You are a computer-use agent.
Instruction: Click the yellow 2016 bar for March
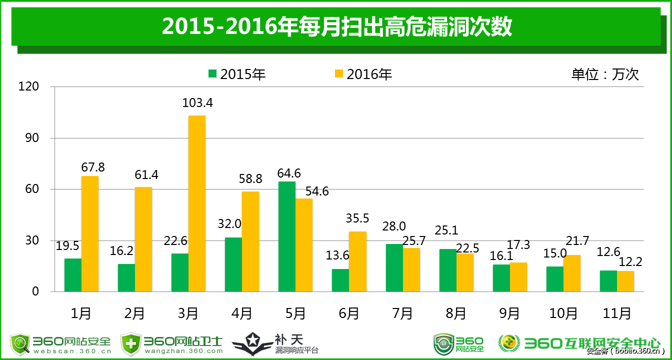[197, 203]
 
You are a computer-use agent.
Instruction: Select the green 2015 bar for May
[287, 236]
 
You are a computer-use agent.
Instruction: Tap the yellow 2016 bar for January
[90, 233]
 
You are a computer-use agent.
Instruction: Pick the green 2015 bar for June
[340, 280]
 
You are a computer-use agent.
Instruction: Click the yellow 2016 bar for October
[572, 273]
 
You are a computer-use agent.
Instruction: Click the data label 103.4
[198, 103]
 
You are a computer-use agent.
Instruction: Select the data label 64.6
[289, 173]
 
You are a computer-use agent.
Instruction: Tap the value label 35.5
[357, 218]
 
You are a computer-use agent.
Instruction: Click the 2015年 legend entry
[237, 74]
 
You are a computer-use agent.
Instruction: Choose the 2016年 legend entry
[363, 74]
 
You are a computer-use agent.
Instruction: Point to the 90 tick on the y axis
[32, 138]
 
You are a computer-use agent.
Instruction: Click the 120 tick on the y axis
[29, 87]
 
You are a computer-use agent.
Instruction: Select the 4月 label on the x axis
[242, 313]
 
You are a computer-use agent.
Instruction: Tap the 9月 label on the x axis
[509, 313]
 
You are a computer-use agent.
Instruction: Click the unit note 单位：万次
[605, 74]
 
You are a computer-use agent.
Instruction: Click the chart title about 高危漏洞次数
[336, 27]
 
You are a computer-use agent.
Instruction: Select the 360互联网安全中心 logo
[580, 343]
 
